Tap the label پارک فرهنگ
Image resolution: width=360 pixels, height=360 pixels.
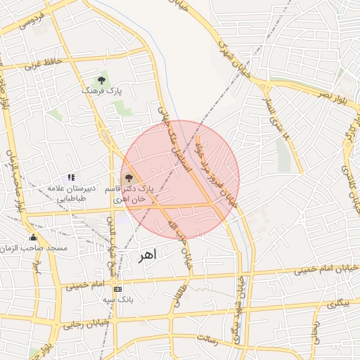coord(101,91)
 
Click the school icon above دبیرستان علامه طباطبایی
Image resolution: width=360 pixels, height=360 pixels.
coord(71,178)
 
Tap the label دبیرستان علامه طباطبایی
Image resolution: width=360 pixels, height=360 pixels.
coord(67,194)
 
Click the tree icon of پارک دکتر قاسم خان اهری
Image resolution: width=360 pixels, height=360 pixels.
coord(128,178)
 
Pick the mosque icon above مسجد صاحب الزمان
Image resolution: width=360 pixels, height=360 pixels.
coord(32,237)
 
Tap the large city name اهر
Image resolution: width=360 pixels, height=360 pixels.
coord(146,257)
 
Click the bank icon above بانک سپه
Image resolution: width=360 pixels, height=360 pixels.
coord(117,289)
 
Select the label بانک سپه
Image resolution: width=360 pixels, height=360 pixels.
coord(117,300)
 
